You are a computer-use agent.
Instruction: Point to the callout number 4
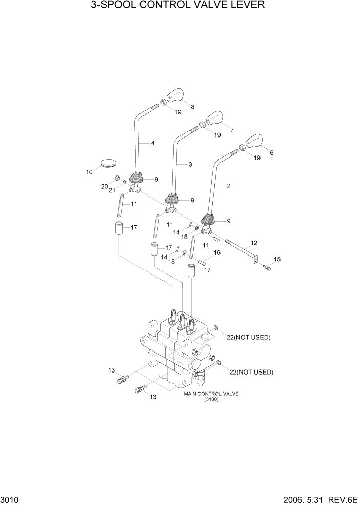pyautogui.click(x=153, y=143)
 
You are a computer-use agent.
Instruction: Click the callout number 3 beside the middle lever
pyautogui.click(x=190, y=165)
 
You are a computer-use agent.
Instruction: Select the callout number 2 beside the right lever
pyautogui.click(x=229, y=186)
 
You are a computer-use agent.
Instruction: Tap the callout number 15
pyautogui.click(x=278, y=259)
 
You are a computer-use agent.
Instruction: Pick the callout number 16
pyautogui.click(x=217, y=253)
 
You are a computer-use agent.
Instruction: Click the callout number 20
pyautogui.click(x=104, y=186)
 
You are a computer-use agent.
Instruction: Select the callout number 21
pyautogui.click(x=111, y=190)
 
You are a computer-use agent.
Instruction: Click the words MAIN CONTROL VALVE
pyautogui.click(x=211, y=394)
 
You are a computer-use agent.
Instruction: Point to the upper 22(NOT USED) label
pyautogui.click(x=249, y=337)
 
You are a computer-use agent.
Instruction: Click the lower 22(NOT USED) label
pyautogui.click(x=251, y=372)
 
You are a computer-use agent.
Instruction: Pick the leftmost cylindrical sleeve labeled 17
pyautogui.click(x=119, y=228)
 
